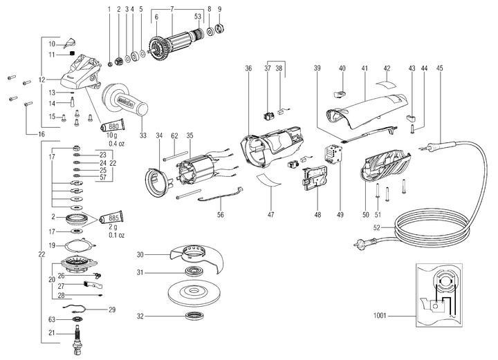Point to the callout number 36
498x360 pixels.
point(248,68)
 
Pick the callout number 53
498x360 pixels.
point(198,17)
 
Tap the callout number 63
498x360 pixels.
point(51,319)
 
